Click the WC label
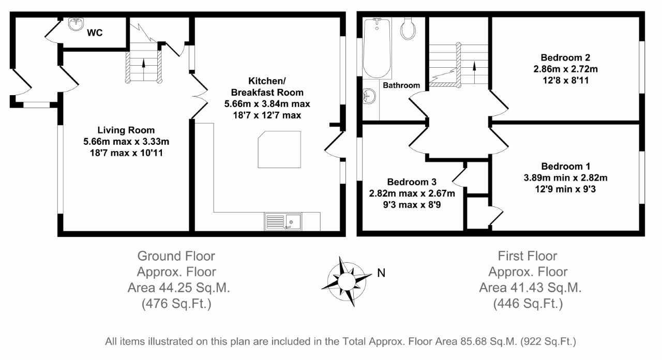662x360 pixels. coord(95,33)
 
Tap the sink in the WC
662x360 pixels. coord(76,24)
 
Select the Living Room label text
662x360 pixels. coord(126,130)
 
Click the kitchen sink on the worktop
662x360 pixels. coord(283,222)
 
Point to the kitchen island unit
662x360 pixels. coord(279,149)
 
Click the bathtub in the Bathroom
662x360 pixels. coord(377,48)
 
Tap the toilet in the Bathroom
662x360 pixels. coord(408,28)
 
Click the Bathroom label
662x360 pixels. coord(401,85)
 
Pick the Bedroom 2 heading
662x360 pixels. coord(565,57)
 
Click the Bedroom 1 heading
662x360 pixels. coord(566,167)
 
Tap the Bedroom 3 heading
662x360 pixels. coord(412,182)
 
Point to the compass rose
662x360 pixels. coord(346,281)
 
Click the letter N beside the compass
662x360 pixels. coord(381,273)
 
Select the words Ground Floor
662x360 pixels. coord(176,256)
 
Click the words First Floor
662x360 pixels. coord(528,256)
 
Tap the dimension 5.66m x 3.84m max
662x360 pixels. coord(267,104)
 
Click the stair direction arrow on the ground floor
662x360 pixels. coord(144,70)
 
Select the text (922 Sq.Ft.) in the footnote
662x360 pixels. coord(548,342)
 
